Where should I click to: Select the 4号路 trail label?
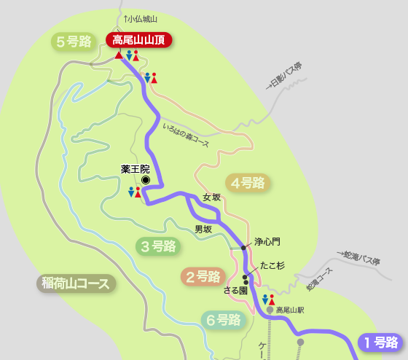pyautogui.click(x=248, y=183)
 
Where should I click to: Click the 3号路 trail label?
pyautogui.click(x=159, y=246)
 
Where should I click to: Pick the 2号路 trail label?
pyautogui.click(x=203, y=276)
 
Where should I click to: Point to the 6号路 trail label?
pyautogui.click(x=223, y=319)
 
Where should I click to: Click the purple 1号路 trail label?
pyautogui.click(x=380, y=341)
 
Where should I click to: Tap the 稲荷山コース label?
pyautogui.click(x=76, y=283)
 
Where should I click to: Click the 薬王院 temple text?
pyautogui.click(x=135, y=168)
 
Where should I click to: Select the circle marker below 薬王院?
pyautogui.click(x=145, y=179)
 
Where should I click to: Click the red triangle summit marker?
pyautogui.click(x=119, y=55)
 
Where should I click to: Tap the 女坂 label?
pyautogui.click(x=211, y=197)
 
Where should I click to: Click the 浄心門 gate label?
pyautogui.click(x=267, y=241)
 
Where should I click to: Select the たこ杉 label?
pyautogui.click(x=272, y=267)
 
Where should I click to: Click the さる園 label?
pyautogui.click(x=235, y=290)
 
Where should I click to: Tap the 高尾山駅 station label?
pyautogui.click(x=290, y=310)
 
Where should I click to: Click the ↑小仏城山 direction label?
pyautogui.click(x=141, y=18)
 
